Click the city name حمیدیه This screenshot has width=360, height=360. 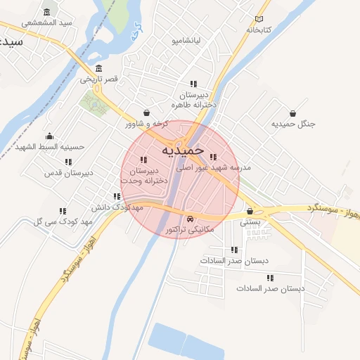point(181,150)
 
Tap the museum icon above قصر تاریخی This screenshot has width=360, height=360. point(98,69)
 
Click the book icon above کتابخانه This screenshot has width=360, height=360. point(259,20)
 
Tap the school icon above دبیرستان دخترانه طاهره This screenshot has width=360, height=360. point(193,84)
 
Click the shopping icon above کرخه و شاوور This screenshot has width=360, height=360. point(146,112)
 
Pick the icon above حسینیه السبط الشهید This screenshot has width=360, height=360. point(49,136)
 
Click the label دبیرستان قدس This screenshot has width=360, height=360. point(68,172)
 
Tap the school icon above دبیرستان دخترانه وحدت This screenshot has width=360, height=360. point(143,160)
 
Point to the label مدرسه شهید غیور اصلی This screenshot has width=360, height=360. point(214,168)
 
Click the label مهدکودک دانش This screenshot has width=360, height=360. point(117,208)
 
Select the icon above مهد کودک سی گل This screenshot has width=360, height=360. point(63,211)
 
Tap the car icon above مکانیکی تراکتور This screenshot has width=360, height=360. point(192,219)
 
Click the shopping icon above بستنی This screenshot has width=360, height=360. point(250,211)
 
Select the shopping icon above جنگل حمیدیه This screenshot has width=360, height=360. point(292,112)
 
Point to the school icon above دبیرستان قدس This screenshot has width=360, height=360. point(68,162)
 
